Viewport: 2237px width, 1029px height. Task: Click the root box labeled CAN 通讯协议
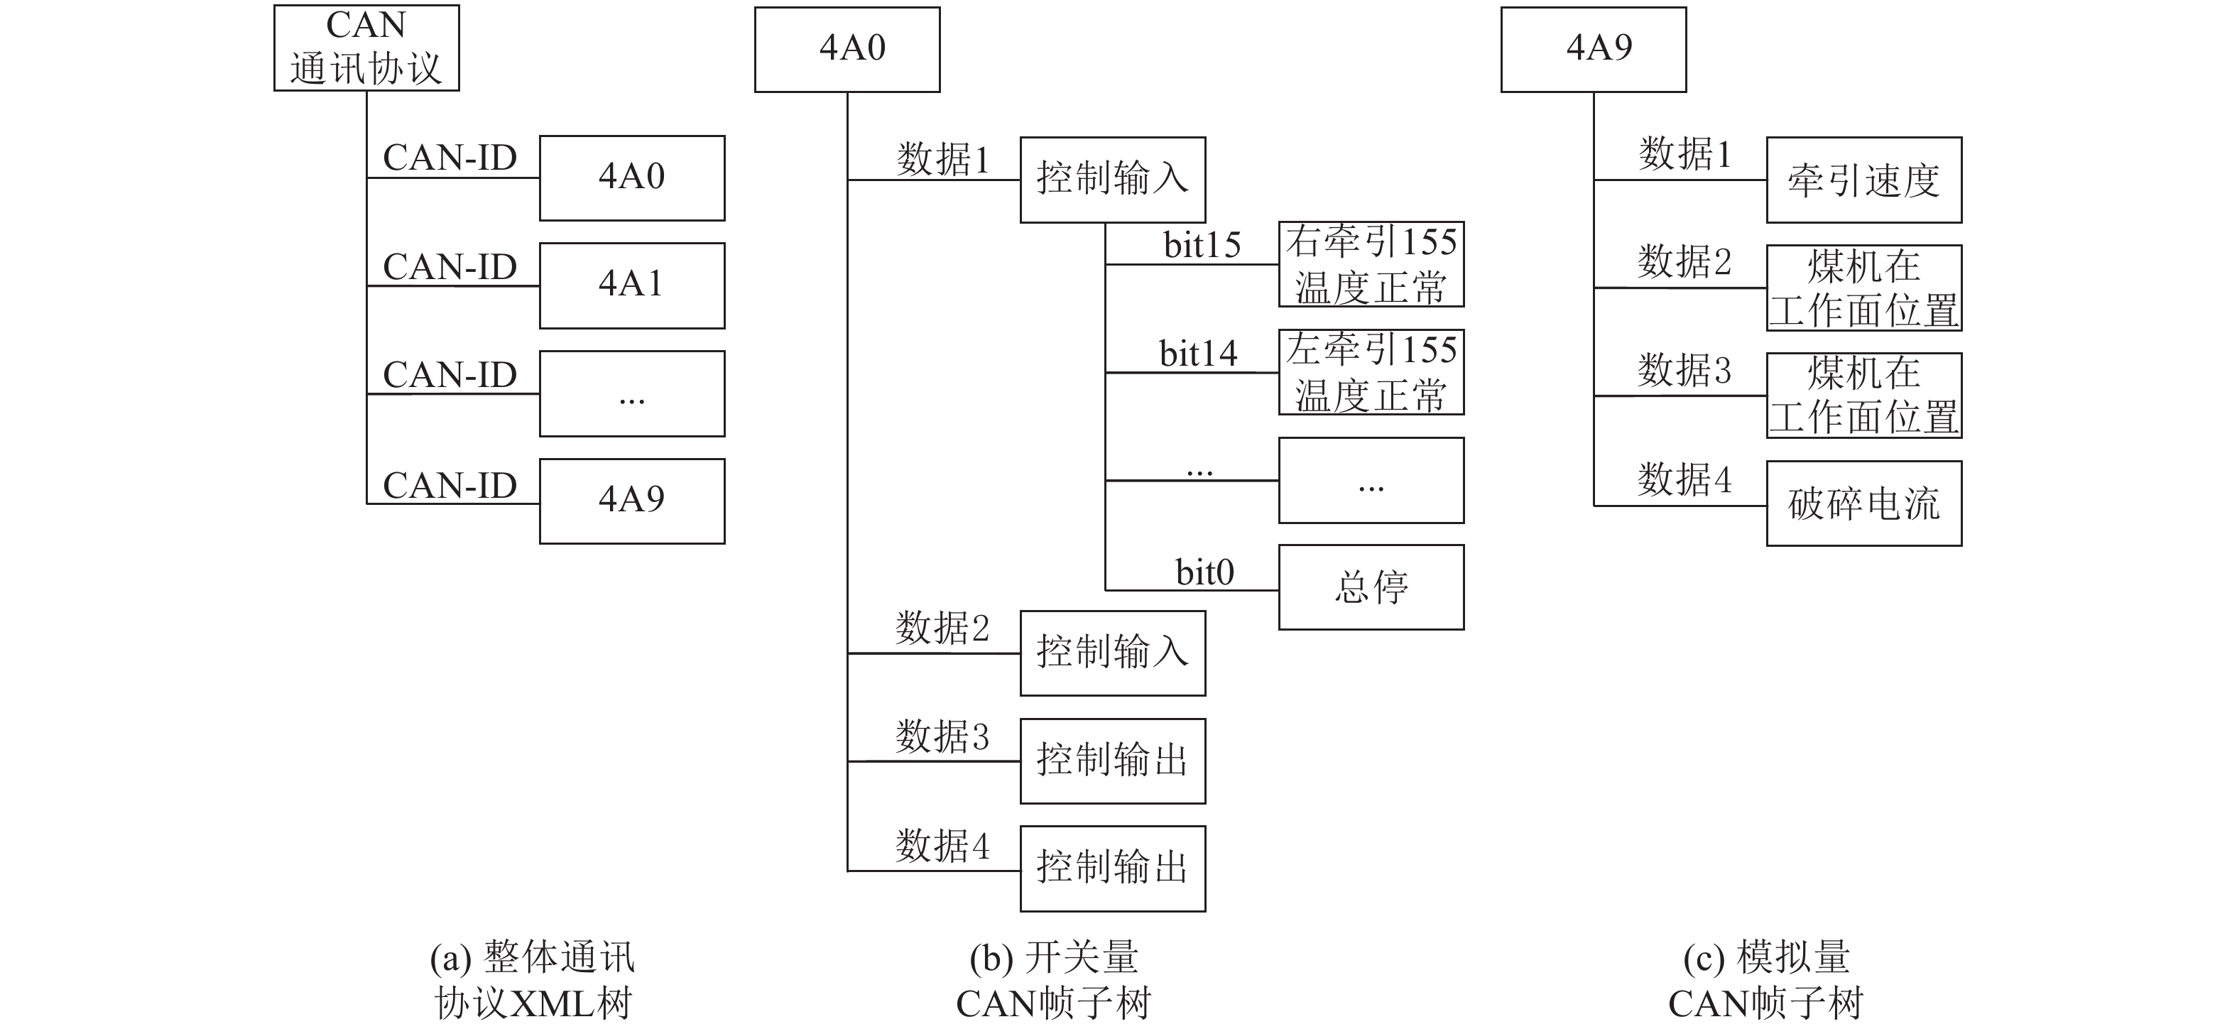pyautogui.click(x=366, y=48)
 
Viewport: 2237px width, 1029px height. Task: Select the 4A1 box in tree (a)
pyautogui.click(x=631, y=285)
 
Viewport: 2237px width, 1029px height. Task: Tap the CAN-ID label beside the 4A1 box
pyautogui.click(x=450, y=266)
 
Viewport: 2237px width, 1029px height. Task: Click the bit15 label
pyautogui.click(x=1202, y=246)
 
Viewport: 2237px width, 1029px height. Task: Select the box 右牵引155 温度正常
pyautogui.click(x=1371, y=264)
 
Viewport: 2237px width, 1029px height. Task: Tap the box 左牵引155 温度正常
pyautogui.click(x=1371, y=371)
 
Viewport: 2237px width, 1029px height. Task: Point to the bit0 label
pyautogui.click(x=1204, y=573)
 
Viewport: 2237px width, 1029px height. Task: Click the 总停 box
pyautogui.click(x=1371, y=587)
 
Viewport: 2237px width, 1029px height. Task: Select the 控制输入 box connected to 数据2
pyautogui.click(x=1112, y=653)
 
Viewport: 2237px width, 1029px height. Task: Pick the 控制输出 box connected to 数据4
pyautogui.click(x=1112, y=869)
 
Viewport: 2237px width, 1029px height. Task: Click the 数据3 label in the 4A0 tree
pyautogui.click(x=942, y=737)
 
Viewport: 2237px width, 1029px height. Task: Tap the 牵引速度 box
pyautogui.click(x=1863, y=180)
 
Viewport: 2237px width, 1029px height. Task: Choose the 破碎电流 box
pyautogui.click(x=1863, y=503)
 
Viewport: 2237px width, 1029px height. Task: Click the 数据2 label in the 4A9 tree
pyautogui.click(x=1684, y=262)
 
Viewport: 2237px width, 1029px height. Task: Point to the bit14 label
pyautogui.click(x=1199, y=354)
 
